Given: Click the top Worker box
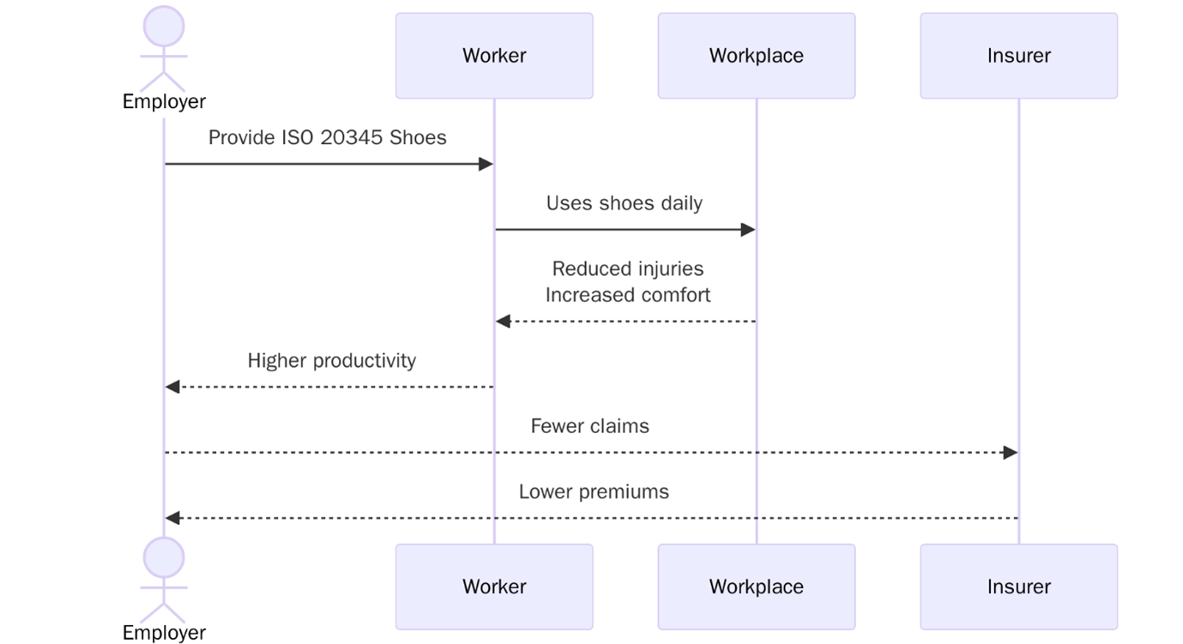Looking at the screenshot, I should point(493,56).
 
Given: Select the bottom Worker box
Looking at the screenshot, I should point(493,587).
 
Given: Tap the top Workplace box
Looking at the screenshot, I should point(756,56).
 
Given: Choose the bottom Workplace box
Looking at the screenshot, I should point(756,587).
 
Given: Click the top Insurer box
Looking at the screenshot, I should point(1018,56).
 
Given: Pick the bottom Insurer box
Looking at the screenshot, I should point(1018,587).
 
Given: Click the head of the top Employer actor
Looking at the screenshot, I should point(164,27).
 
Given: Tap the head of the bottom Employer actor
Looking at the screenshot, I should point(164,558).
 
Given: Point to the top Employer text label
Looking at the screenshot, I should point(164,101).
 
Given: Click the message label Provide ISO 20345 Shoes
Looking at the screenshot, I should point(327,138).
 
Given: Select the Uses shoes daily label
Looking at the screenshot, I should point(624,203).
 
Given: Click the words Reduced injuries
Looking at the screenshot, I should point(627,269).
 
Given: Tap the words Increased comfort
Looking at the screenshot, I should point(627,295).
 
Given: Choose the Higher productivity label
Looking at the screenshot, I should point(331,360).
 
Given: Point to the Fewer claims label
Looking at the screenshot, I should point(589,426).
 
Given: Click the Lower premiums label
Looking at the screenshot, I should point(593,491).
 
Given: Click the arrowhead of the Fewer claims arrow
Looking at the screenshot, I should point(1011,452).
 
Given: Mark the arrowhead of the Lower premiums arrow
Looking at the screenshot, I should point(172,518).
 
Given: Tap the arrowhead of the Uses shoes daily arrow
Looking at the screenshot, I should point(748,230).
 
